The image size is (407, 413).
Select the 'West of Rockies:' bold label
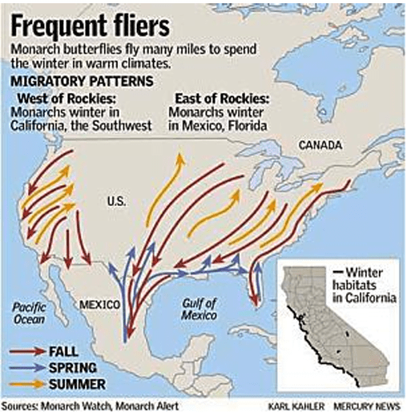coord(59,99)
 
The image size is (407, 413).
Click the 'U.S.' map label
coord(117,201)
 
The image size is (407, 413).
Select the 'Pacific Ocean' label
coord(31,311)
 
